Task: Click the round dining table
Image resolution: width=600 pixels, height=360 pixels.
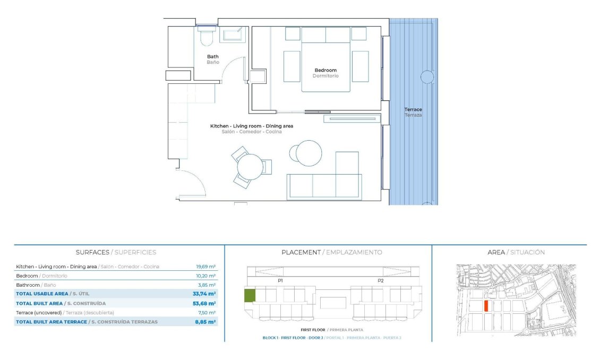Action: pyautogui.click(x=250, y=167)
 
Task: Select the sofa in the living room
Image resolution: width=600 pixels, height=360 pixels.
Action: pyautogui.click(x=324, y=185)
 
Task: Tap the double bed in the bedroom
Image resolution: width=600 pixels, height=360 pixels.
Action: pyautogui.click(x=325, y=59)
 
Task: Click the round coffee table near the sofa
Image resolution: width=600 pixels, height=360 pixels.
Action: pyautogui.click(x=308, y=153)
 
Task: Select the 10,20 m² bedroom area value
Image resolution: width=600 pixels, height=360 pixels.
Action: pyautogui.click(x=206, y=276)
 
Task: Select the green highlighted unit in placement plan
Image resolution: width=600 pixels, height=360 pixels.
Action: pyautogui.click(x=249, y=296)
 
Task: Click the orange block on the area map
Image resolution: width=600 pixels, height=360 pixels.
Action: pyautogui.click(x=486, y=306)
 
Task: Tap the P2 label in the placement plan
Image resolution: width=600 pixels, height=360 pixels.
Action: pyautogui.click(x=380, y=280)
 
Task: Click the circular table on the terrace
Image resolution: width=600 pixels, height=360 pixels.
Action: pyautogui.click(x=427, y=77)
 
